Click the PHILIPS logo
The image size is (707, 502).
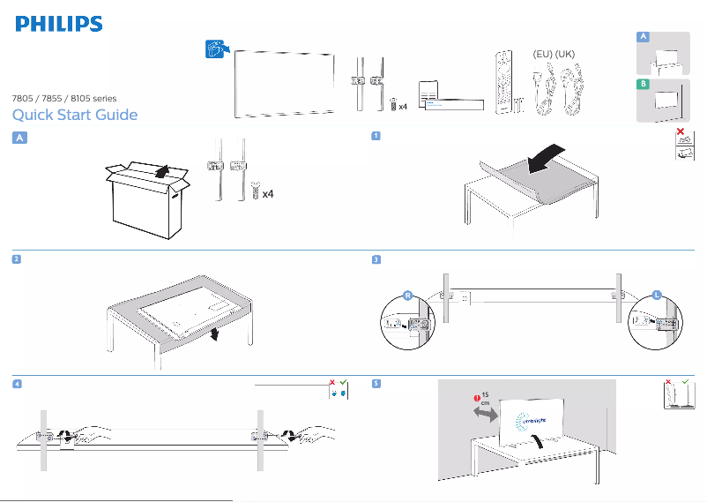[58, 24]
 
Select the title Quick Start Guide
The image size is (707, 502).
[75, 116]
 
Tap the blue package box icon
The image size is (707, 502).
[214, 49]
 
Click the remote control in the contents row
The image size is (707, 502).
[504, 84]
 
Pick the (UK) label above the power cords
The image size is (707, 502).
[566, 55]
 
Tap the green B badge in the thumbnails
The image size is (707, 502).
[644, 84]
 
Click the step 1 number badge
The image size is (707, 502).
[376, 136]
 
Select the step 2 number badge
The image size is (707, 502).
[18, 259]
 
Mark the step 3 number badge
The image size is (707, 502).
[376, 259]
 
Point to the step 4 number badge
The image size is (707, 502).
[18, 384]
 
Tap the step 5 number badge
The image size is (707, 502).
[376, 384]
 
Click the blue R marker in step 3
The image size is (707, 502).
[408, 296]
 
